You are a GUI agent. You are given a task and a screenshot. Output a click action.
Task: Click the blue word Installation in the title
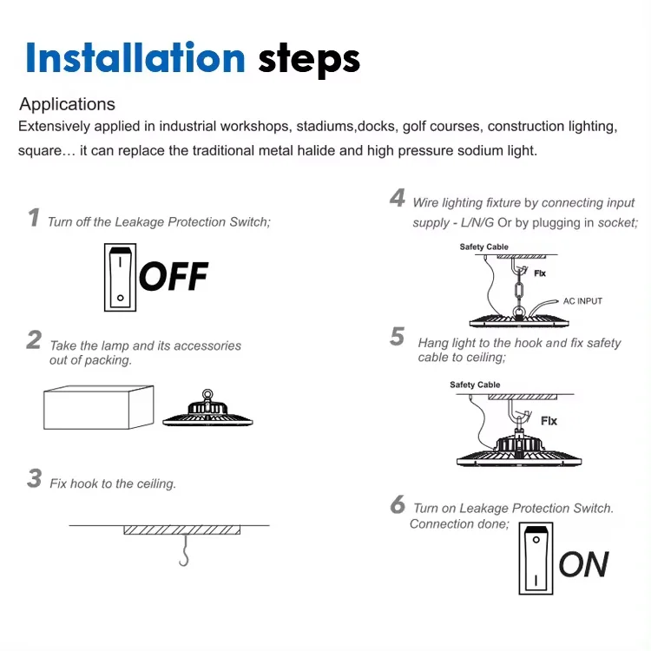pos(135,57)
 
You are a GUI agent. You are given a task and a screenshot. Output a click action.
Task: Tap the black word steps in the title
pos(309,60)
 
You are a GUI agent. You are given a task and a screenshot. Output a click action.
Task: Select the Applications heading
pos(67,104)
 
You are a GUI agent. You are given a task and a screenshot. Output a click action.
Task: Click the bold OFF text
pos(174,276)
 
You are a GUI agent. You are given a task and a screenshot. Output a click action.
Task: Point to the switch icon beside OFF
pos(120,278)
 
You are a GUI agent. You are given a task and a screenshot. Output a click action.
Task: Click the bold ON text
pos(584,564)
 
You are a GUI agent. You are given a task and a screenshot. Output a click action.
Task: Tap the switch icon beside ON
pos(536,558)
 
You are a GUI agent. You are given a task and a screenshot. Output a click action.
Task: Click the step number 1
pos(34,218)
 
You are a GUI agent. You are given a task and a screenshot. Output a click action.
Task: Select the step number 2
pos(34,340)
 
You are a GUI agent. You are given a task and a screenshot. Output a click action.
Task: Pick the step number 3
pos(35,478)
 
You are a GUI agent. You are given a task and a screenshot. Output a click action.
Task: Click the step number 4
pos(398,198)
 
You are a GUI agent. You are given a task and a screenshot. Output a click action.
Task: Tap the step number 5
pos(397,336)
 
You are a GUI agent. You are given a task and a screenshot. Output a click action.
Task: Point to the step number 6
pos(398,504)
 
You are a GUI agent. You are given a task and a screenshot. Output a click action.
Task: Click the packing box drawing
pos(99,407)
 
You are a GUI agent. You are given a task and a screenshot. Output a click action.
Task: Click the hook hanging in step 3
pos(184,550)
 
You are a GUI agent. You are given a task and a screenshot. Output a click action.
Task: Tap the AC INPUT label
pos(582,301)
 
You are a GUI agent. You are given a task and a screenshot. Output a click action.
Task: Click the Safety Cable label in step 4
pos(483,247)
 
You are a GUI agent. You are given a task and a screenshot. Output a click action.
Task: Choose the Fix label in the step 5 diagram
pos(549,421)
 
